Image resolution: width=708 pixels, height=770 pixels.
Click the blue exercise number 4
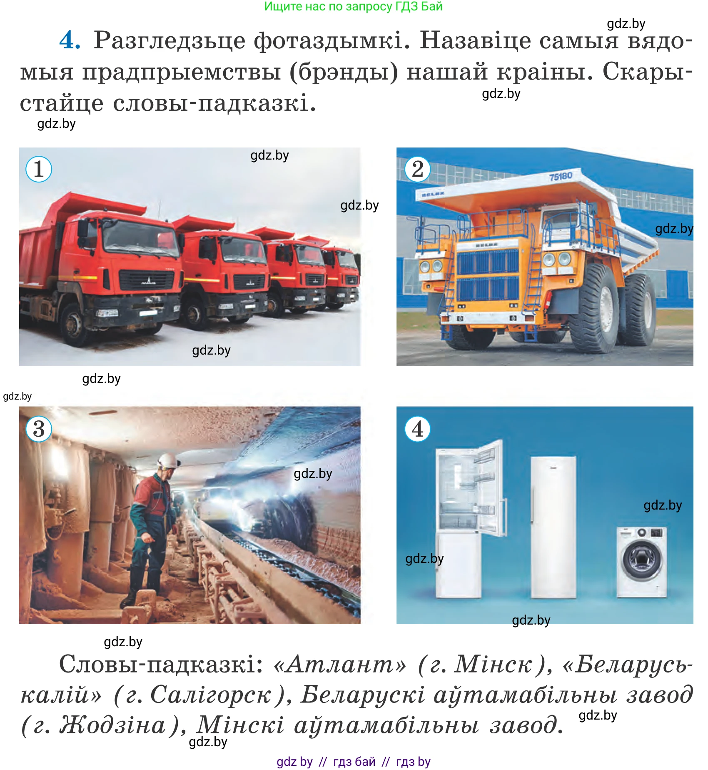[x=70, y=41]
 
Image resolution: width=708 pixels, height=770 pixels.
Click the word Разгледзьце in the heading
[x=169, y=41]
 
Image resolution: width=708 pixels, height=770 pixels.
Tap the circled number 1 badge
[x=39, y=169]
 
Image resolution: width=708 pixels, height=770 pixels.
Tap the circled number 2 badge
[x=417, y=169]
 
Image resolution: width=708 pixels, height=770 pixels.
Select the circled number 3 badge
[x=39, y=429]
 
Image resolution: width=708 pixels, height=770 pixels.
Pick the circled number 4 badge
[x=417, y=429]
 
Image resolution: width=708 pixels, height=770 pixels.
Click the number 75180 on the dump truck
[x=561, y=176]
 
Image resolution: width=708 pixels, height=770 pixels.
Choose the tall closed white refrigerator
[x=553, y=527]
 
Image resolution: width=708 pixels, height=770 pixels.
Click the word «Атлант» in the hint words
[x=339, y=664]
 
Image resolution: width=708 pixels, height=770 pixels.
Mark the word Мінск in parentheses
[x=493, y=664]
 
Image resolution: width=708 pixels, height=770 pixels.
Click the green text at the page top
[x=353, y=7]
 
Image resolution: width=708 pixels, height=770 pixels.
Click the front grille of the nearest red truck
[x=146, y=280]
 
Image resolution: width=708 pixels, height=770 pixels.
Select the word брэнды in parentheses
[x=344, y=72]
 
